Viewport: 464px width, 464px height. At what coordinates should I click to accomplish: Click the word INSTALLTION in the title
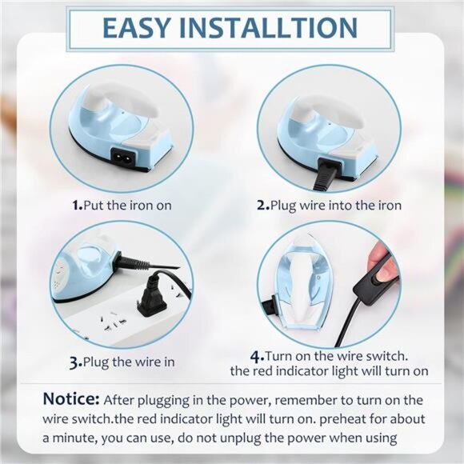(275, 26)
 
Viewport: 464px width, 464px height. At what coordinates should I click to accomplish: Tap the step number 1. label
(77, 206)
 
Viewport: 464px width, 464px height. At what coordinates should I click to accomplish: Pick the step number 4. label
(257, 355)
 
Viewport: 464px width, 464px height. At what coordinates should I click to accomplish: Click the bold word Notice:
(71, 399)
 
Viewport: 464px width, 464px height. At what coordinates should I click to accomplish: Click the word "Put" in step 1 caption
(98, 206)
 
